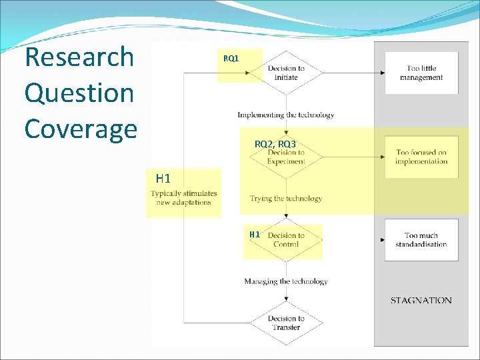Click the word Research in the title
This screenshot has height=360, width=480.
[x=79, y=58]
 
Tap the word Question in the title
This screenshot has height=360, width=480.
[x=79, y=93]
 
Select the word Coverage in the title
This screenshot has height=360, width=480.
[x=81, y=128]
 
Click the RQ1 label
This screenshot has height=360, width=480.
[x=231, y=59]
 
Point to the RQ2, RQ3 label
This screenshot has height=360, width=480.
[x=275, y=144]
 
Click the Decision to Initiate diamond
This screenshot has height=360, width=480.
[x=286, y=73]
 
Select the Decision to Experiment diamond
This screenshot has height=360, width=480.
[x=286, y=157]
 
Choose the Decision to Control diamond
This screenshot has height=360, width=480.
[x=286, y=240]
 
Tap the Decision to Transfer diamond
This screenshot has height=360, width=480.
[x=286, y=323]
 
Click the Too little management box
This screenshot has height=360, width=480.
[x=421, y=73]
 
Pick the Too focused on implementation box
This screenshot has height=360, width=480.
[x=421, y=157]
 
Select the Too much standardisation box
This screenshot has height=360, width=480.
[x=421, y=240]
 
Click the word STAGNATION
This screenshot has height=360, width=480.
[x=421, y=301]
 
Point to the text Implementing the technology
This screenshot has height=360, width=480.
[x=286, y=115]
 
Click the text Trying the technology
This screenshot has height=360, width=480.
[x=286, y=198]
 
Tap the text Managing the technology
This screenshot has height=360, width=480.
[x=286, y=281]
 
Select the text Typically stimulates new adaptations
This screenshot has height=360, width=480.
[x=184, y=198]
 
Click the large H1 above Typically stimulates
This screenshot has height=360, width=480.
[x=163, y=178]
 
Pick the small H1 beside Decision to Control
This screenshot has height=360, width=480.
[x=254, y=235]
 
